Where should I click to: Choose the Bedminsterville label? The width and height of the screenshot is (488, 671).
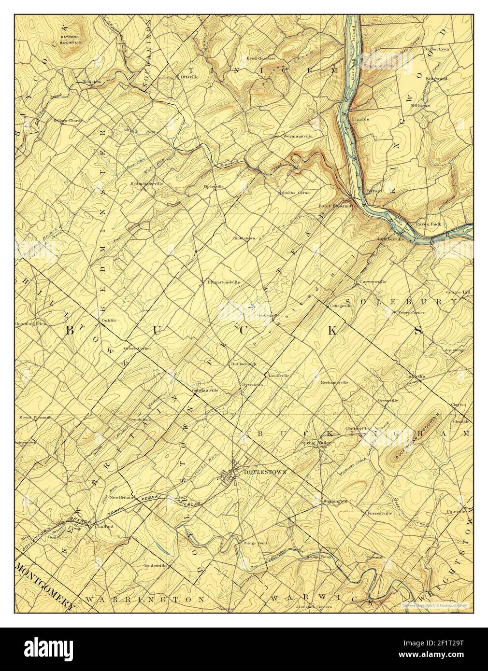click(146, 183)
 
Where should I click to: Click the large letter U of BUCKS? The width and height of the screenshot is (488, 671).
click(157, 330)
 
